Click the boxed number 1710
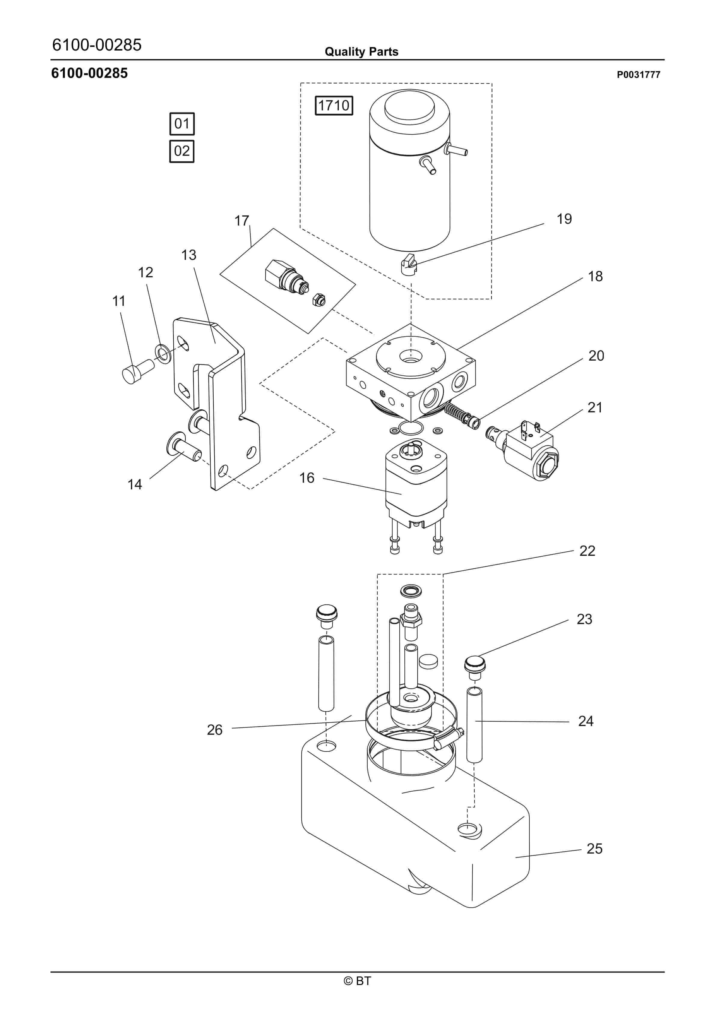click(x=334, y=106)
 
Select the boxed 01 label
click(x=182, y=124)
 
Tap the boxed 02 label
click(x=182, y=151)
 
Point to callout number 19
click(x=564, y=219)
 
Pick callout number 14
click(x=135, y=485)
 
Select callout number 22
click(x=587, y=551)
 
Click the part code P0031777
click(x=638, y=75)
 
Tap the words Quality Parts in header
click(x=361, y=52)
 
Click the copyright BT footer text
click(x=357, y=981)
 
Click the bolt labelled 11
click(x=136, y=371)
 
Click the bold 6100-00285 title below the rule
click(x=90, y=73)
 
